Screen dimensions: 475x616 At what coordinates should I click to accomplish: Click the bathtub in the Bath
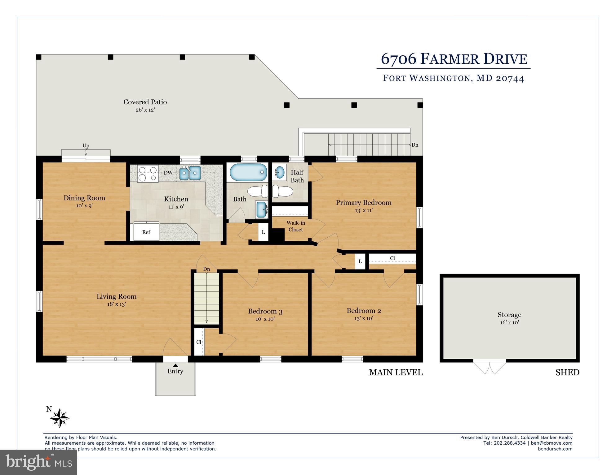[248, 172]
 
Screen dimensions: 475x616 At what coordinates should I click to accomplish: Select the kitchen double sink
[190, 173]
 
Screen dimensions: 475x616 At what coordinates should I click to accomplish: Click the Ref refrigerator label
[146, 232]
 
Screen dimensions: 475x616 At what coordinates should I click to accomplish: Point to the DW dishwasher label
[168, 173]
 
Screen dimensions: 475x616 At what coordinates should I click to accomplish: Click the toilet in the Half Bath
[282, 192]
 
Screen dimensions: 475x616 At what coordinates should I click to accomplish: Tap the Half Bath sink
[280, 172]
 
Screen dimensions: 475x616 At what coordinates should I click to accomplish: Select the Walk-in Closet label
[295, 226]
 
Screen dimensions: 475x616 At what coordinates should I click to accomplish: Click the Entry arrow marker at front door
[175, 365]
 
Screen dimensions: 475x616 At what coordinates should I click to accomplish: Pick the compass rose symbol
[60, 418]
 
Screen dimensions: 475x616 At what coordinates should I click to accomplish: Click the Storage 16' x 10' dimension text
[509, 322]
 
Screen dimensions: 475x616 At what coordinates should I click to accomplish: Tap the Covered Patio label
[145, 102]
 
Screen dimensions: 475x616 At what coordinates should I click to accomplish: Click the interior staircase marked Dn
[206, 297]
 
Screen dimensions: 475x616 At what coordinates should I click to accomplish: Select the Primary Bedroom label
[363, 202]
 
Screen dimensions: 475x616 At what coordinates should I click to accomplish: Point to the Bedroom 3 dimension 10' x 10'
[265, 319]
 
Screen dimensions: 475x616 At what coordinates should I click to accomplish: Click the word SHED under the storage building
[567, 372]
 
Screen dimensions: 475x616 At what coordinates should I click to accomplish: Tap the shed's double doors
[490, 367]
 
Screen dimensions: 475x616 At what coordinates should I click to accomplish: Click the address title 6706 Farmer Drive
[454, 59]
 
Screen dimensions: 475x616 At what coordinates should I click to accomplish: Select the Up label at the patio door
[86, 145]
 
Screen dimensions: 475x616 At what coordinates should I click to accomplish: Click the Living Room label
[116, 296]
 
